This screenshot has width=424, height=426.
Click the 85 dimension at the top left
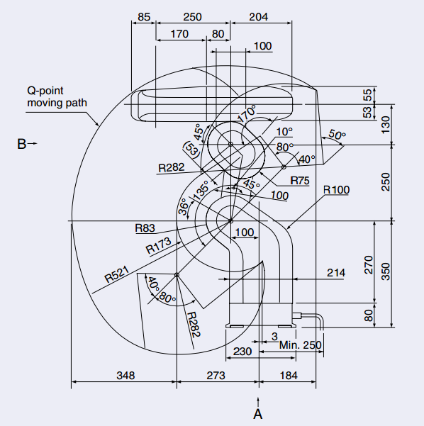[x=144, y=17]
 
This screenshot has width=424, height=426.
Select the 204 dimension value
[x=259, y=17]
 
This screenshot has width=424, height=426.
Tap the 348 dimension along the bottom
[x=125, y=376]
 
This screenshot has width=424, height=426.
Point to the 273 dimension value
[x=216, y=376]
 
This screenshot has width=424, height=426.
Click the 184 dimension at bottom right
[x=289, y=376]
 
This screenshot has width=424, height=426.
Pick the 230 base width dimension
[x=242, y=352]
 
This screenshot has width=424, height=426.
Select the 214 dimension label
[x=336, y=272]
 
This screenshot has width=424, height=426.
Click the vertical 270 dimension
[x=368, y=264]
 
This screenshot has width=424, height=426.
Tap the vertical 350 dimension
[x=386, y=271]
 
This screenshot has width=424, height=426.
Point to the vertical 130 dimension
[x=386, y=125]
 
